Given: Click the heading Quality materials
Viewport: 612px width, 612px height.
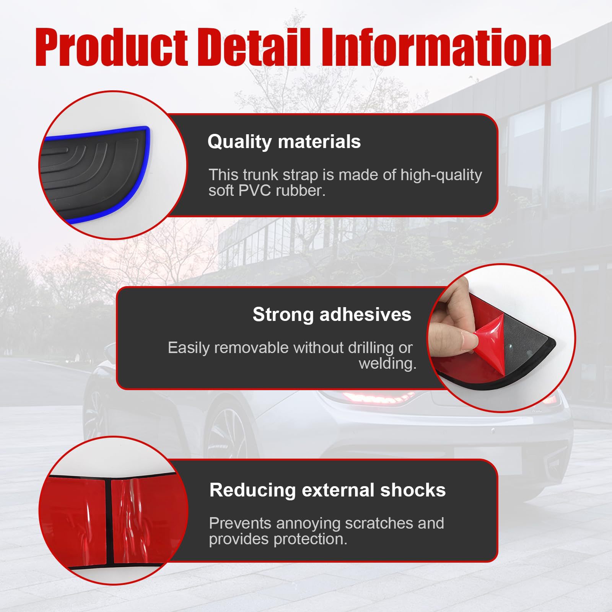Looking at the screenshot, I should pos(284,142).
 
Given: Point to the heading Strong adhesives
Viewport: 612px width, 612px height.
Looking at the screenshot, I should pos(332,315).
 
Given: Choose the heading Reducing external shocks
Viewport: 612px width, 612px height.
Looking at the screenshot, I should pos(327,490).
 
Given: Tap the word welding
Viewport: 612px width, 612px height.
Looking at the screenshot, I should pos(387,363).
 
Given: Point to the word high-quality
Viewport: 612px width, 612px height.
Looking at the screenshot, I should pos(441,175).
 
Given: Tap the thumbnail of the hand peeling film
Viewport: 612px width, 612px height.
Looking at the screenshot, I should pos(501,339).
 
